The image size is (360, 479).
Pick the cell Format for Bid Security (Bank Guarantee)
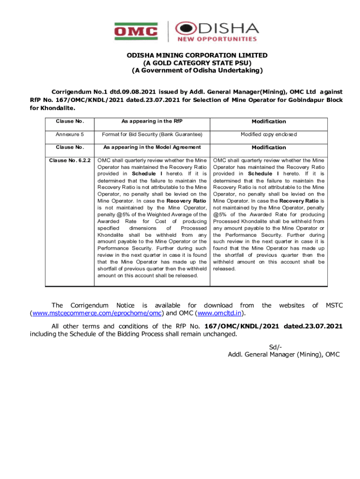coord(152,134)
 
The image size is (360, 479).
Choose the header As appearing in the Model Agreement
coord(152,147)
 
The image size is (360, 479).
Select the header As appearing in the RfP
coord(152,121)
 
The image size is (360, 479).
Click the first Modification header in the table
coord(269,121)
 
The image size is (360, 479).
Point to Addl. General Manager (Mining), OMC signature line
coord(283,354)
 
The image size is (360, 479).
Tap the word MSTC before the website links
coord(334,305)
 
